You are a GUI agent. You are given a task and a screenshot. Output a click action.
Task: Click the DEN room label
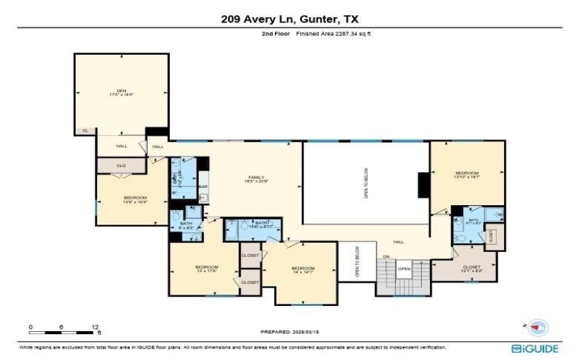click(122, 91)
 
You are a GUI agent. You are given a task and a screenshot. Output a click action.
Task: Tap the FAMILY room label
click(256, 178)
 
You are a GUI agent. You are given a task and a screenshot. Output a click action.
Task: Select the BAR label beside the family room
click(203, 187)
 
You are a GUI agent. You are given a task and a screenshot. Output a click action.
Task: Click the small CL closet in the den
click(85, 130)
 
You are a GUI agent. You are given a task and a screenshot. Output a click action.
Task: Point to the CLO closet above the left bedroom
click(122, 166)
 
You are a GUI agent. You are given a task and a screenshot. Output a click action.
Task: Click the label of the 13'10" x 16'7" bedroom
click(467, 174)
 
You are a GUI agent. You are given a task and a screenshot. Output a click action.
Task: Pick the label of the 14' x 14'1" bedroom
click(301, 271)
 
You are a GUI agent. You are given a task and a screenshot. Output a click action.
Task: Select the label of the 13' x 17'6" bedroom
click(205, 268)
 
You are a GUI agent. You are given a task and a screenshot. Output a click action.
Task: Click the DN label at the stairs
click(386, 257)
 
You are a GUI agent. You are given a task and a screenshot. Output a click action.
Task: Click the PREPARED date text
click(288, 332)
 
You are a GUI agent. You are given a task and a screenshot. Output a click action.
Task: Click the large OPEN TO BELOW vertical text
click(366, 183)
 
